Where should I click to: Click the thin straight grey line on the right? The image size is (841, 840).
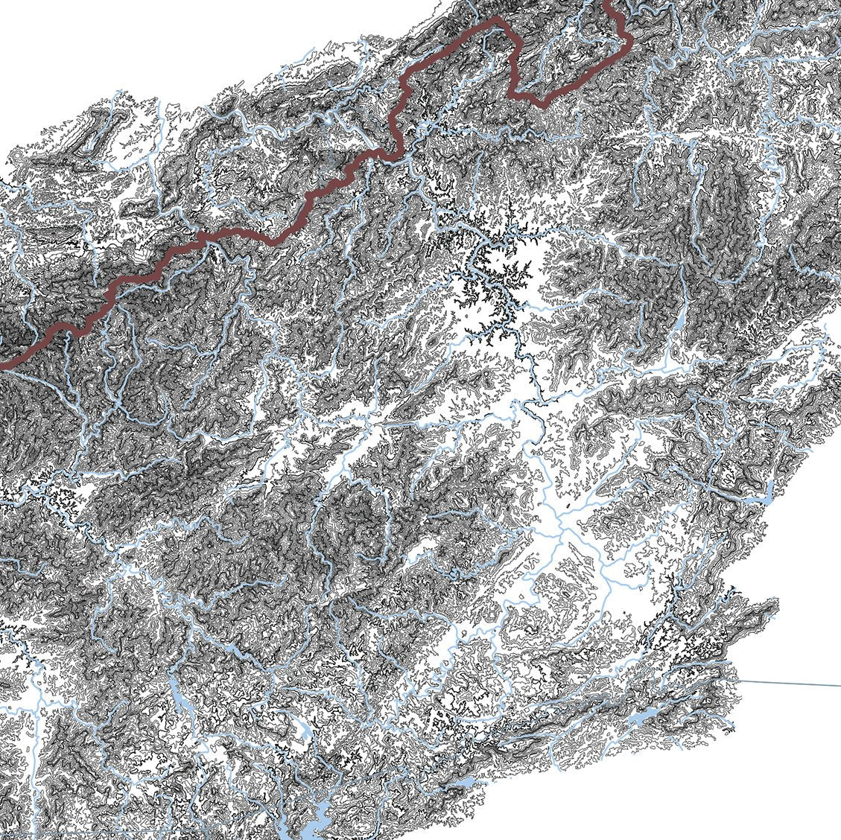[x=790, y=682]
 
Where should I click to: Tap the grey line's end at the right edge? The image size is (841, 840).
[x=839, y=685]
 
